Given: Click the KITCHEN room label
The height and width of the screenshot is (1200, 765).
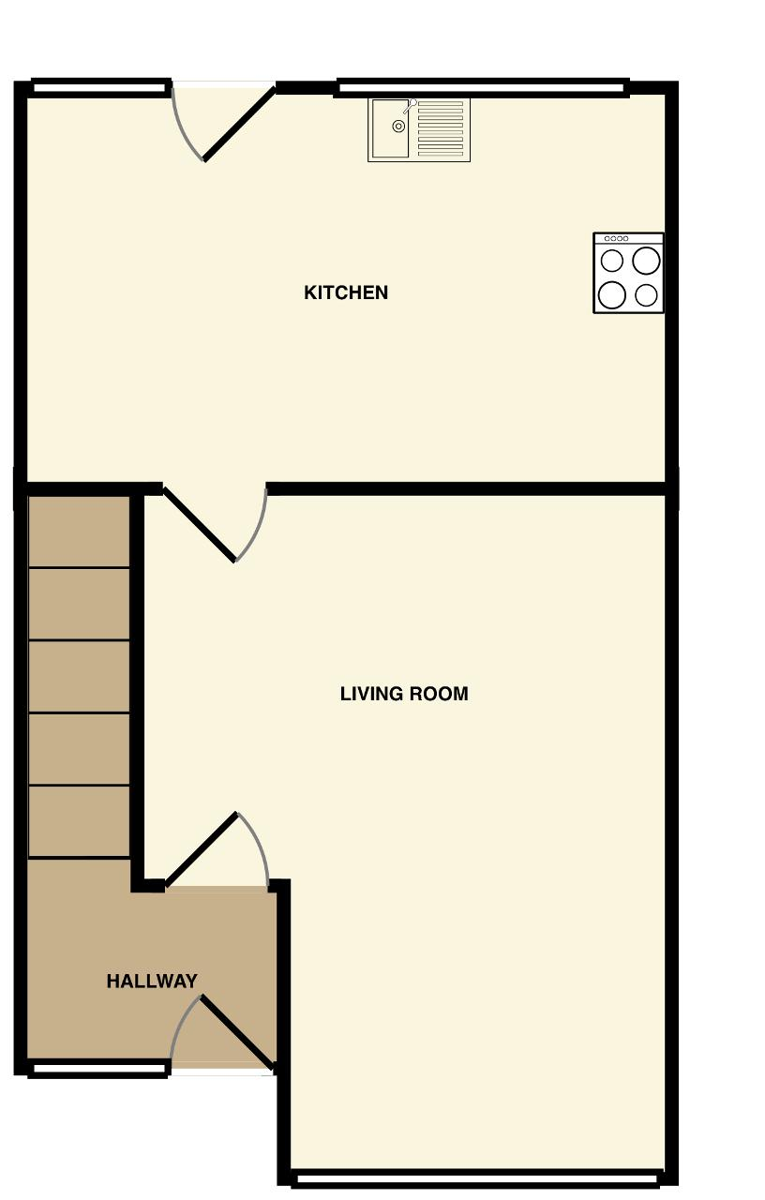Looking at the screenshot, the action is [346, 292].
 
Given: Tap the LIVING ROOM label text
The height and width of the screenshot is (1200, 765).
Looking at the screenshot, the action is [404, 694].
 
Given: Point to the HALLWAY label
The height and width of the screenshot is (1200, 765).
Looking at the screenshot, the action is [152, 981].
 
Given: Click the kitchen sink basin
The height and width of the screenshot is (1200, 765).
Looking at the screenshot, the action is [390, 128].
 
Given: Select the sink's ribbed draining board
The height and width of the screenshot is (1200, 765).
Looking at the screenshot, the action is [441, 128].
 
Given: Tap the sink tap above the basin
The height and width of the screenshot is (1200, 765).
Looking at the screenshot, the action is [410, 105].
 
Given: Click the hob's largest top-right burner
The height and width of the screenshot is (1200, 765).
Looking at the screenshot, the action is [646, 261].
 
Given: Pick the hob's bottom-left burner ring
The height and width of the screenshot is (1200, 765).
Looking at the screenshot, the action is [612, 295].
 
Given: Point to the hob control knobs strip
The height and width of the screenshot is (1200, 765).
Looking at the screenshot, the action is [616, 238].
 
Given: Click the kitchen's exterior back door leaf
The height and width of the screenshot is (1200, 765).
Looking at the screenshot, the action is [239, 125].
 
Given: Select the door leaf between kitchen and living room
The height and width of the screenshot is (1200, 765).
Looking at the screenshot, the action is [199, 524].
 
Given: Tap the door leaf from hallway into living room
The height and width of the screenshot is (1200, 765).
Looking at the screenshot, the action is [202, 849].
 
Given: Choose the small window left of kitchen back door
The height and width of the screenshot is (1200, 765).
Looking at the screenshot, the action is [99, 87].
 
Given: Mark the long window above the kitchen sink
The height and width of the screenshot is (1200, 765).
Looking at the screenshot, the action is [482, 87].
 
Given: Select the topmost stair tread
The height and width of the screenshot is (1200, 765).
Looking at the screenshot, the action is [80, 532].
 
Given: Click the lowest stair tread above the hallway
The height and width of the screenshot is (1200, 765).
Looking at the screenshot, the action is [80, 822].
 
